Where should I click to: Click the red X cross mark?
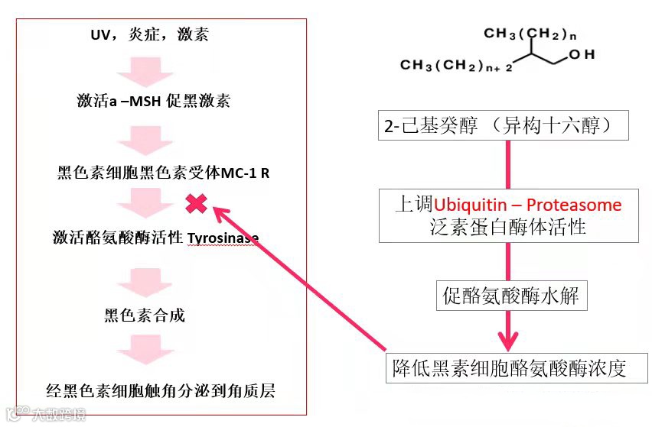click(x=197, y=203)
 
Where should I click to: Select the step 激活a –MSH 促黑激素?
click(x=153, y=102)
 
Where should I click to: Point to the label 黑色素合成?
click(x=145, y=315)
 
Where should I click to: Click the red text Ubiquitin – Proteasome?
click(x=528, y=205)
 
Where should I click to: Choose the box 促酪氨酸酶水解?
click(x=512, y=296)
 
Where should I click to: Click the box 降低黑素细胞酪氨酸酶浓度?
click(x=517, y=368)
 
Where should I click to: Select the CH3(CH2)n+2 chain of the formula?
click(x=457, y=66)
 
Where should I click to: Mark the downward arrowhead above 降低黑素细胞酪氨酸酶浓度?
click(x=506, y=338)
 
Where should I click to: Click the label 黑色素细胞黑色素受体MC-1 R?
click(x=163, y=173)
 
